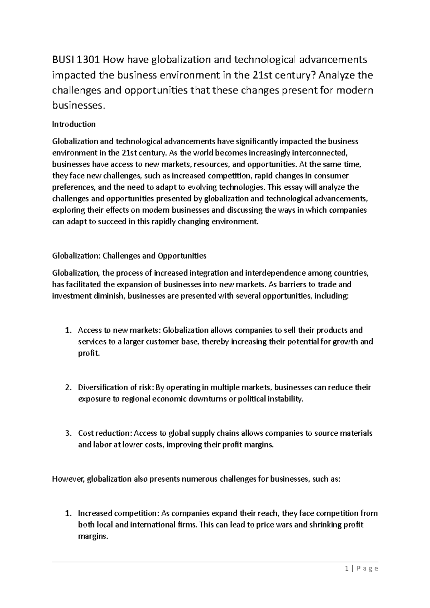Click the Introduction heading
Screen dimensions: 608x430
pos(74,124)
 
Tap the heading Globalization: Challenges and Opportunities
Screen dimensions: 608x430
pos(129,256)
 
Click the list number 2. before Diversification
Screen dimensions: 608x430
pos(68,387)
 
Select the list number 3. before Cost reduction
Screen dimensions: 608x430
pos(68,433)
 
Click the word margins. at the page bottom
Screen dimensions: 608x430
pos(93,536)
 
